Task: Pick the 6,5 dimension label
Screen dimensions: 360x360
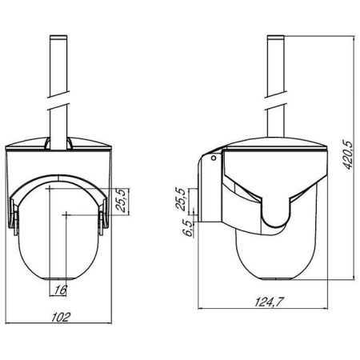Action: point(184,230)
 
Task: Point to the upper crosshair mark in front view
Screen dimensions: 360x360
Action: point(50,188)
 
